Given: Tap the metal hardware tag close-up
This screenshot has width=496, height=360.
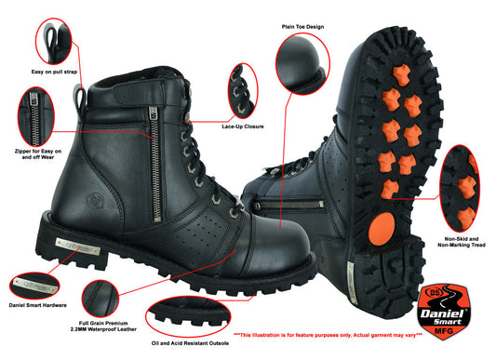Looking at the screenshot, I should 37,279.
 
